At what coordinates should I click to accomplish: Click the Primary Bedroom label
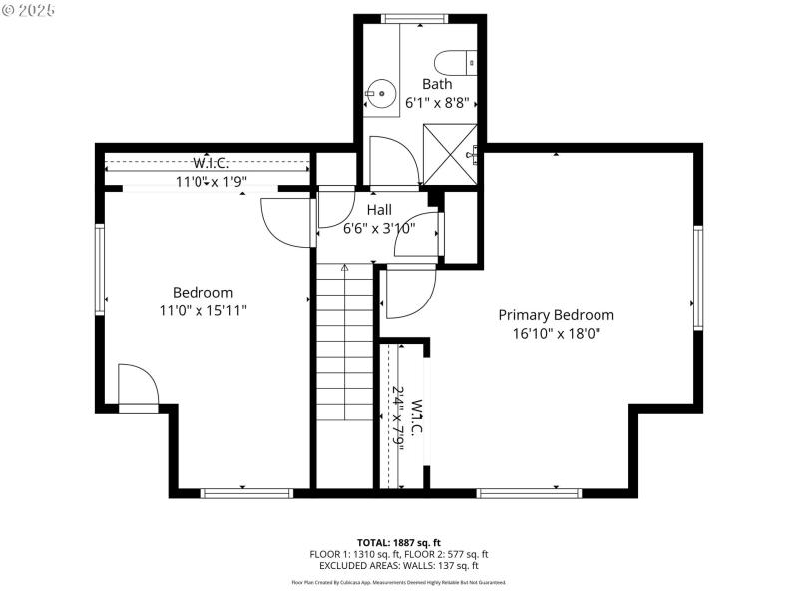[x=556, y=315]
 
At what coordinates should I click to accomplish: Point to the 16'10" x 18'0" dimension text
[x=556, y=334]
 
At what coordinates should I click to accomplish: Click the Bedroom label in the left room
[x=202, y=292]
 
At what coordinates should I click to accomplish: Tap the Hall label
[x=378, y=210]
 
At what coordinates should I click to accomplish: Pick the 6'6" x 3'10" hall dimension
[x=378, y=228]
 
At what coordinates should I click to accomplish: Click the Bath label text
[x=436, y=84]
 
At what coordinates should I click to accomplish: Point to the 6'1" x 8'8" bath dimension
[x=437, y=102]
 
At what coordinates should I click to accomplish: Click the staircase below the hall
[x=344, y=339]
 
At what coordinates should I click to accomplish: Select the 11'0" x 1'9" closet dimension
[x=211, y=182]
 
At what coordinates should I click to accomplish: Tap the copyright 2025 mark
[x=29, y=9]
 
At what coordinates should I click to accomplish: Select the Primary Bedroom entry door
[x=409, y=292]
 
